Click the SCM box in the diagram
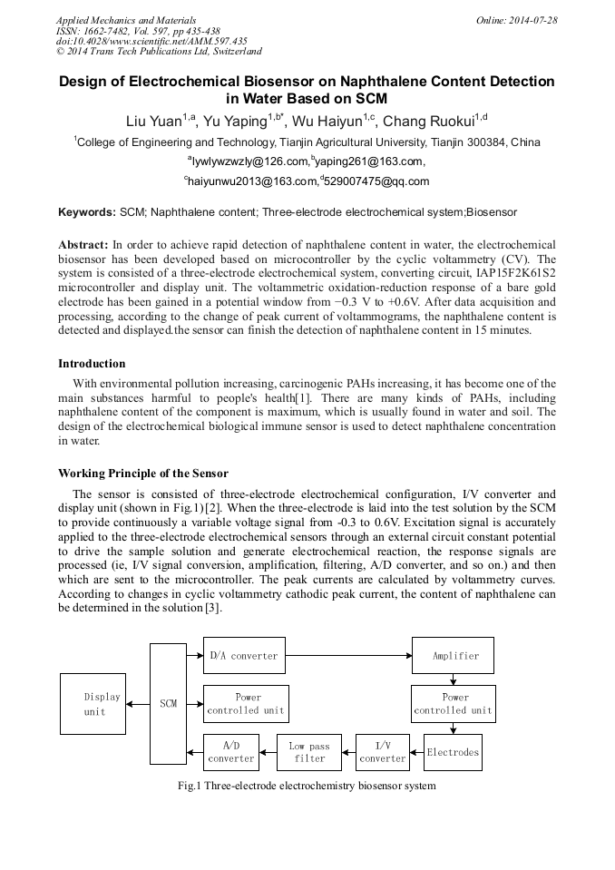coord(168,703)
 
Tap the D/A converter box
coord(243,655)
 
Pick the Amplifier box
coord(454,655)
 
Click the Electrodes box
coord(453,752)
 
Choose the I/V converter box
coord(383,752)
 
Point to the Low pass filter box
coord(309,752)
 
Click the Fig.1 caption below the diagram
coord(307,786)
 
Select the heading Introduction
coord(92,364)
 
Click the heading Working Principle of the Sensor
coord(143,474)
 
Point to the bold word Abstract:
coord(83,245)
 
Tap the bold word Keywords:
coord(87,212)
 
